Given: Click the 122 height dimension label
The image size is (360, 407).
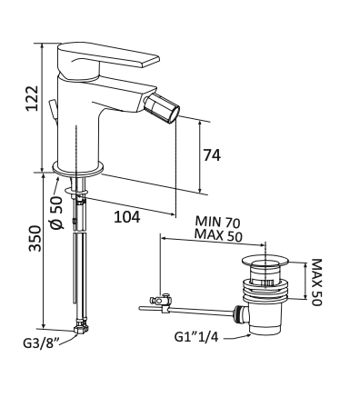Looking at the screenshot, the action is pyautogui.click(x=32, y=98).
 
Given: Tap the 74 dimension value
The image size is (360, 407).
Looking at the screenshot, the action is pyautogui.click(x=212, y=155).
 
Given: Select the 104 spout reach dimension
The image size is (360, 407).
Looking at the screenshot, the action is pyautogui.click(x=127, y=217).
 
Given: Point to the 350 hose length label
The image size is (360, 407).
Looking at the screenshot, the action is pyautogui.click(x=35, y=238).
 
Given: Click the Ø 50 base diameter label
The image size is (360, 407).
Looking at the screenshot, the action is pyautogui.click(x=56, y=213).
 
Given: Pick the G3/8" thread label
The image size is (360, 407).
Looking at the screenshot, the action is pyautogui.click(x=41, y=343).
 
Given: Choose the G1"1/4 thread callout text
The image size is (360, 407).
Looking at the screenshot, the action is pyautogui.click(x=196, y=337).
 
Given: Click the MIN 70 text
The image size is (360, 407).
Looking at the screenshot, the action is pyautogui.click(x=217, y=222).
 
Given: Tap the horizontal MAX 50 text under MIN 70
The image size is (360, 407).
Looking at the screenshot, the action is pyautogui.click(x=218, y=235).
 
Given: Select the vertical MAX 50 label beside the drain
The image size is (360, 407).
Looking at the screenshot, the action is pyautogui.click(x=316, y=283).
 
